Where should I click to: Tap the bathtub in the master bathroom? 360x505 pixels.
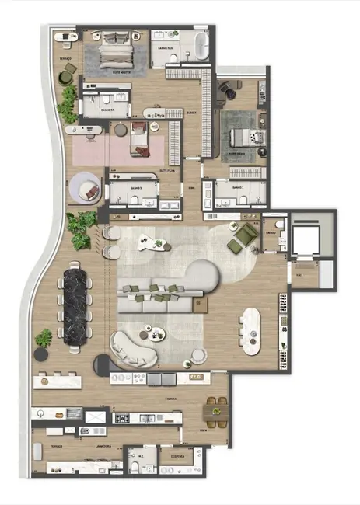coord(200,46)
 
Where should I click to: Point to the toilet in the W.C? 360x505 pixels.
coord(135,465)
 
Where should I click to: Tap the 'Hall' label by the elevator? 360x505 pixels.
coord(299,274)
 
